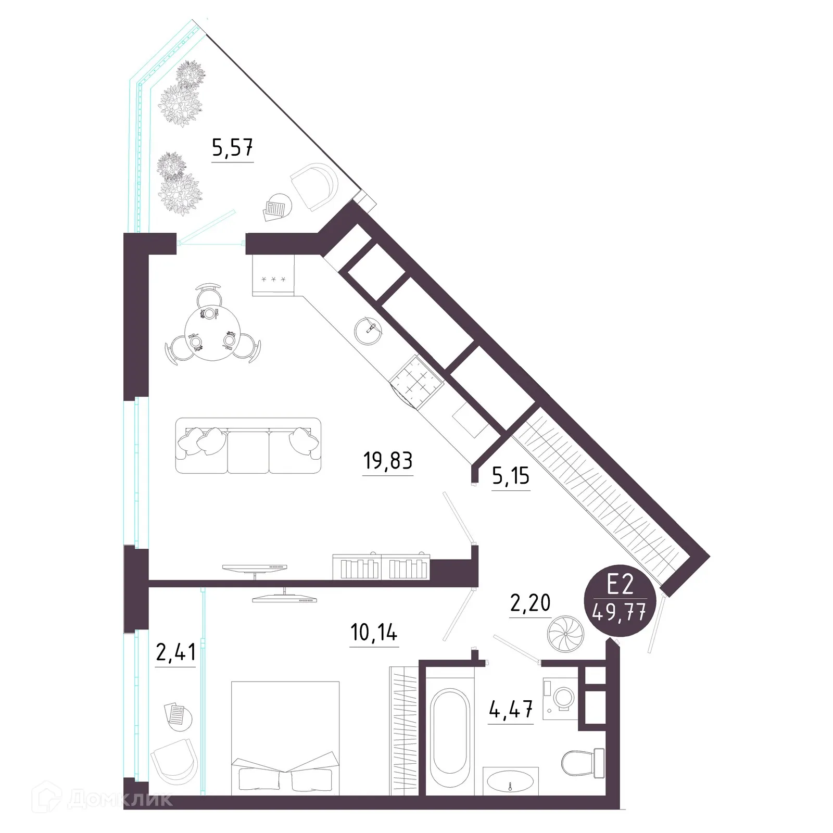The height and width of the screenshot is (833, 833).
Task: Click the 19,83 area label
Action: coord(388,461)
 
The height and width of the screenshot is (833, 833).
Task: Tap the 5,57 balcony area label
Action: coord(232,148)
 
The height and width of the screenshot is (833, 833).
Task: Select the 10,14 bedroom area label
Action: coord(374,633)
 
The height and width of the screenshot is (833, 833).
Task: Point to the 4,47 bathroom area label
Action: coord(511,710)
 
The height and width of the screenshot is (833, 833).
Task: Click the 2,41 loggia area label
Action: coord(175,651)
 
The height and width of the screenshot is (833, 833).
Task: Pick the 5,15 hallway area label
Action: coord(510,476)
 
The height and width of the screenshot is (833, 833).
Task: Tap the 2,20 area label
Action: coord(530,603)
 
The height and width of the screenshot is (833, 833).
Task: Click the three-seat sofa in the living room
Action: coord(248,446)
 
